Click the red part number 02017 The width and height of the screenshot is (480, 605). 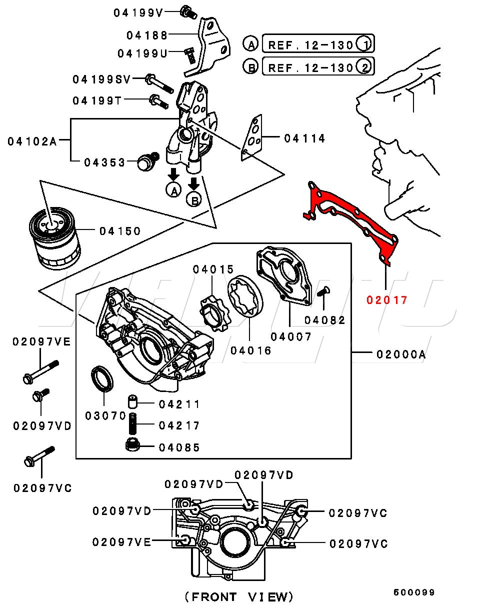(386, 300)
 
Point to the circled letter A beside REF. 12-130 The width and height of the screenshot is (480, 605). (250, 45)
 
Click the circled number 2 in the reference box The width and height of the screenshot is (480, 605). (365, 66)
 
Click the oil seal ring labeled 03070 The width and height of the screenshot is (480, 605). (101, 378)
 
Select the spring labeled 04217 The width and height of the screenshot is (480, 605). (133, 425)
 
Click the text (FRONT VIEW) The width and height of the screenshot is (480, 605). (238, 596)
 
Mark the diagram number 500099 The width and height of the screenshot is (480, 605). (414, 592)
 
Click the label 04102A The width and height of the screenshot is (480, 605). (32, 141)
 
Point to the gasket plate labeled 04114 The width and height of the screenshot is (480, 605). (253, 138)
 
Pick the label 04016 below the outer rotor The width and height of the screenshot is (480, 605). (251, 350)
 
